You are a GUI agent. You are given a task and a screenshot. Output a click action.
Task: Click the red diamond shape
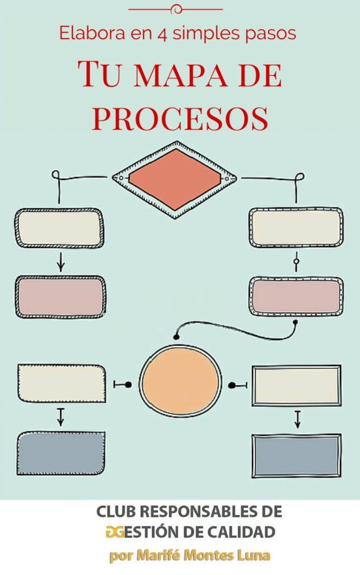[175, 179]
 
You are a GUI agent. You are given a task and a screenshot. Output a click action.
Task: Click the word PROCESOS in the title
[180, 118]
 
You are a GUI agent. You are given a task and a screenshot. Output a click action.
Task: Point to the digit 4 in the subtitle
[162, 34]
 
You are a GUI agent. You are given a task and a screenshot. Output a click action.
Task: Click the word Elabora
[92, 33]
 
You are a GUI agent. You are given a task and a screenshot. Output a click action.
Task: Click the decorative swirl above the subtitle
[176, 9]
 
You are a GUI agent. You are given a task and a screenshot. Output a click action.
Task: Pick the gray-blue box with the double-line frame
[296, 456]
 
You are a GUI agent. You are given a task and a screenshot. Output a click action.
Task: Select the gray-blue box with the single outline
[61, 453]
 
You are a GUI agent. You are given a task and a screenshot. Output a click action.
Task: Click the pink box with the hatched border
[61, 297]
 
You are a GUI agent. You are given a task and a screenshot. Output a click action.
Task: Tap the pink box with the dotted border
[296, 296]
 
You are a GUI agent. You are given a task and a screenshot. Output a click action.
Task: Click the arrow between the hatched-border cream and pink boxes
[61, 262]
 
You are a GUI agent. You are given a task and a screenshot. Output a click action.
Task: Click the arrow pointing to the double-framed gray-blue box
[297, 420]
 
